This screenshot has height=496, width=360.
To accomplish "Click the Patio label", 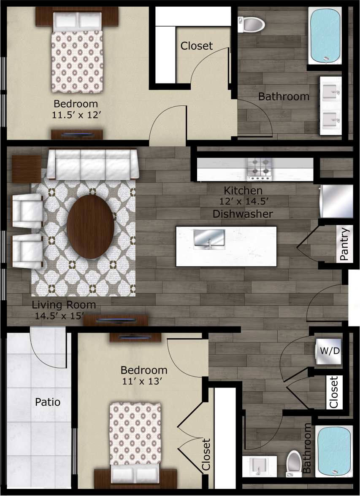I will pos(47,402).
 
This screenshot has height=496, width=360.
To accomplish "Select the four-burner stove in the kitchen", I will pos(259,166).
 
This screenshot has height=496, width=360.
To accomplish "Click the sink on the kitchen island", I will pos(209,239).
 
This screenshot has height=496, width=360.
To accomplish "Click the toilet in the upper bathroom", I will pos(252,24).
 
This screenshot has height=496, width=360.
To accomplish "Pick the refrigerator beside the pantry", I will pos(336,201).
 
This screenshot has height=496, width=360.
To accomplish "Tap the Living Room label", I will pos(64,305).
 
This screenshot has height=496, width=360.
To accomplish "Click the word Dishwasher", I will pos(242,214).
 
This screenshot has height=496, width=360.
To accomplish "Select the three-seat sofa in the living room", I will pos(93,164).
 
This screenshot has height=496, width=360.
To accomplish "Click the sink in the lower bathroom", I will pos(259,466).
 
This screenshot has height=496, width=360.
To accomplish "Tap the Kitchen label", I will pos(243,191).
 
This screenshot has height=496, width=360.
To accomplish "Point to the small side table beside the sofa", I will pos(26,169).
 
